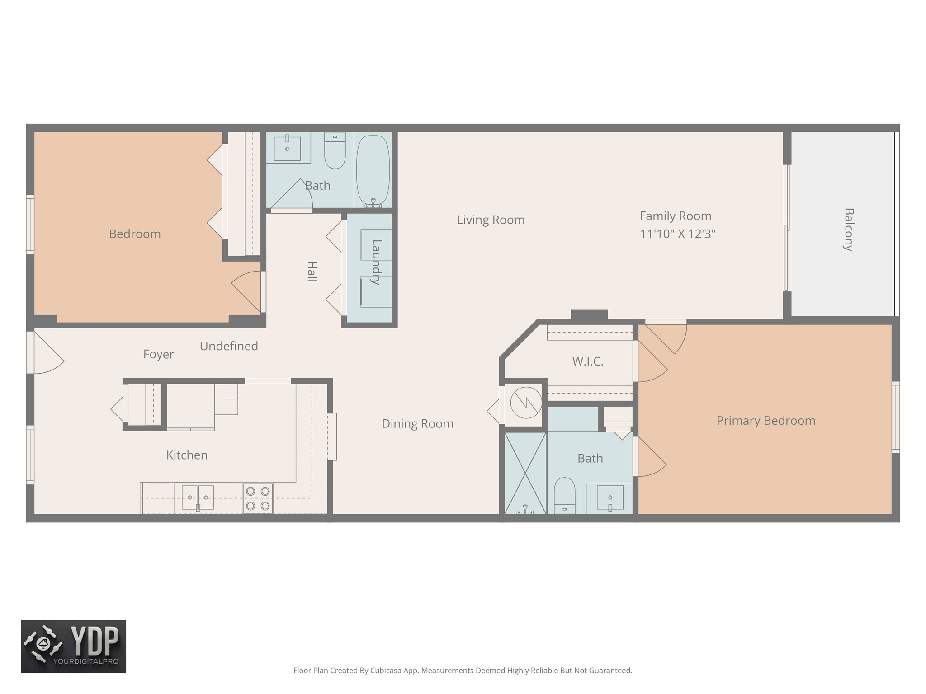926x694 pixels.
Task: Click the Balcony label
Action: coord(849,230)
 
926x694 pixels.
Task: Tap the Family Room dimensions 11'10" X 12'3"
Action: coord(677,234)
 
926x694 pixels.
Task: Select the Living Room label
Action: coord(491,220)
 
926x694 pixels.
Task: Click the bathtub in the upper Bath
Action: coord(373,169)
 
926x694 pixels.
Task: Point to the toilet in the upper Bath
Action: coord(335,151)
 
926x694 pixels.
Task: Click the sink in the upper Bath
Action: coord(288,147)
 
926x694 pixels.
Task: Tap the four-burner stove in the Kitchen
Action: coord(258,498)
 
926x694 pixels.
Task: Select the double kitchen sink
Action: coord(198,497)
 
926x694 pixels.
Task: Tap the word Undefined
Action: coord(229,346)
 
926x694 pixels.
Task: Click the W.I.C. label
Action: coord(587,361)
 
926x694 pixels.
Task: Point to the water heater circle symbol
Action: coord(525,402)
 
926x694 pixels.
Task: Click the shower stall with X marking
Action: coord(525,472)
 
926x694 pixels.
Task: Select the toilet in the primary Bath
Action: coord(565,495)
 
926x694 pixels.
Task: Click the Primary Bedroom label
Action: coord(765,421)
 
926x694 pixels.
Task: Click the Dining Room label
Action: coord(417,424)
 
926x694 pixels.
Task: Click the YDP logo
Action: coord(74,646)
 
